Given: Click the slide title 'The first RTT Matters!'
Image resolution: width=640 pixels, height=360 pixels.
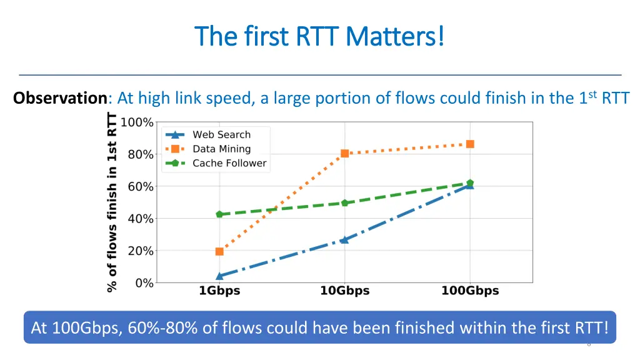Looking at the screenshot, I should click(x=320, y=36).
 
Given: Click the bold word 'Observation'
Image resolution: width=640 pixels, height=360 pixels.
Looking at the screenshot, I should click(x=60, y=98).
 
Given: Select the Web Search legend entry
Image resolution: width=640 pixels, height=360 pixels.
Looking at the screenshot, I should click(x=221, y=134).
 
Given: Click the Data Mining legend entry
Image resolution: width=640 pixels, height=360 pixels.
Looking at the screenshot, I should click(x=221, y=149).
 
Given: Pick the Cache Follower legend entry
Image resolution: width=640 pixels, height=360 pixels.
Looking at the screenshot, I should click(x=229, y=163).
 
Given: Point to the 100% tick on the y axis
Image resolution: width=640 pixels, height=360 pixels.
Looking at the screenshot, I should click(x=137, y=122).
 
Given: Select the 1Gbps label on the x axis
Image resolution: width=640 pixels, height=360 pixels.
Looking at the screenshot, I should click(x=219, y=291).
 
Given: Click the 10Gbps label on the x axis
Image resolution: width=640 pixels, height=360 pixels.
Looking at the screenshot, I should click(x=344, y=291).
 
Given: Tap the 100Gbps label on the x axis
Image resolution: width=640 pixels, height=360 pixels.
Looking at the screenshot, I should click(x=470, y=291).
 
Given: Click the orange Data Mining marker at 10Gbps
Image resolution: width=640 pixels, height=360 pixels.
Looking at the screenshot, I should click(x=344, y=153).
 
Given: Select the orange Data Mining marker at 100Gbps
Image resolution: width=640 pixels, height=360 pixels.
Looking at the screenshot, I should click(x=470, y=144).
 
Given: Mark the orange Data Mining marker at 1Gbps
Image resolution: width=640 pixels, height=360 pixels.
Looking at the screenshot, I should click(x=219, y=251).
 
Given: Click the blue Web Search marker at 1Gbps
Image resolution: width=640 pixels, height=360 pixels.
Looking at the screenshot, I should click(x=219, y=276).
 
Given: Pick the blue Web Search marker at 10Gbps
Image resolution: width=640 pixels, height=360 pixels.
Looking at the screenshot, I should click(x=344, y=239).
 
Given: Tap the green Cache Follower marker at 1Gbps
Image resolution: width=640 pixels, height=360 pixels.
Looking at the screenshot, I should click(x=219, y=214).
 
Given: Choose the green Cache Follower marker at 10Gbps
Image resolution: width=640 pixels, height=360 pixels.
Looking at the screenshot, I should click(x=344, y=203).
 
